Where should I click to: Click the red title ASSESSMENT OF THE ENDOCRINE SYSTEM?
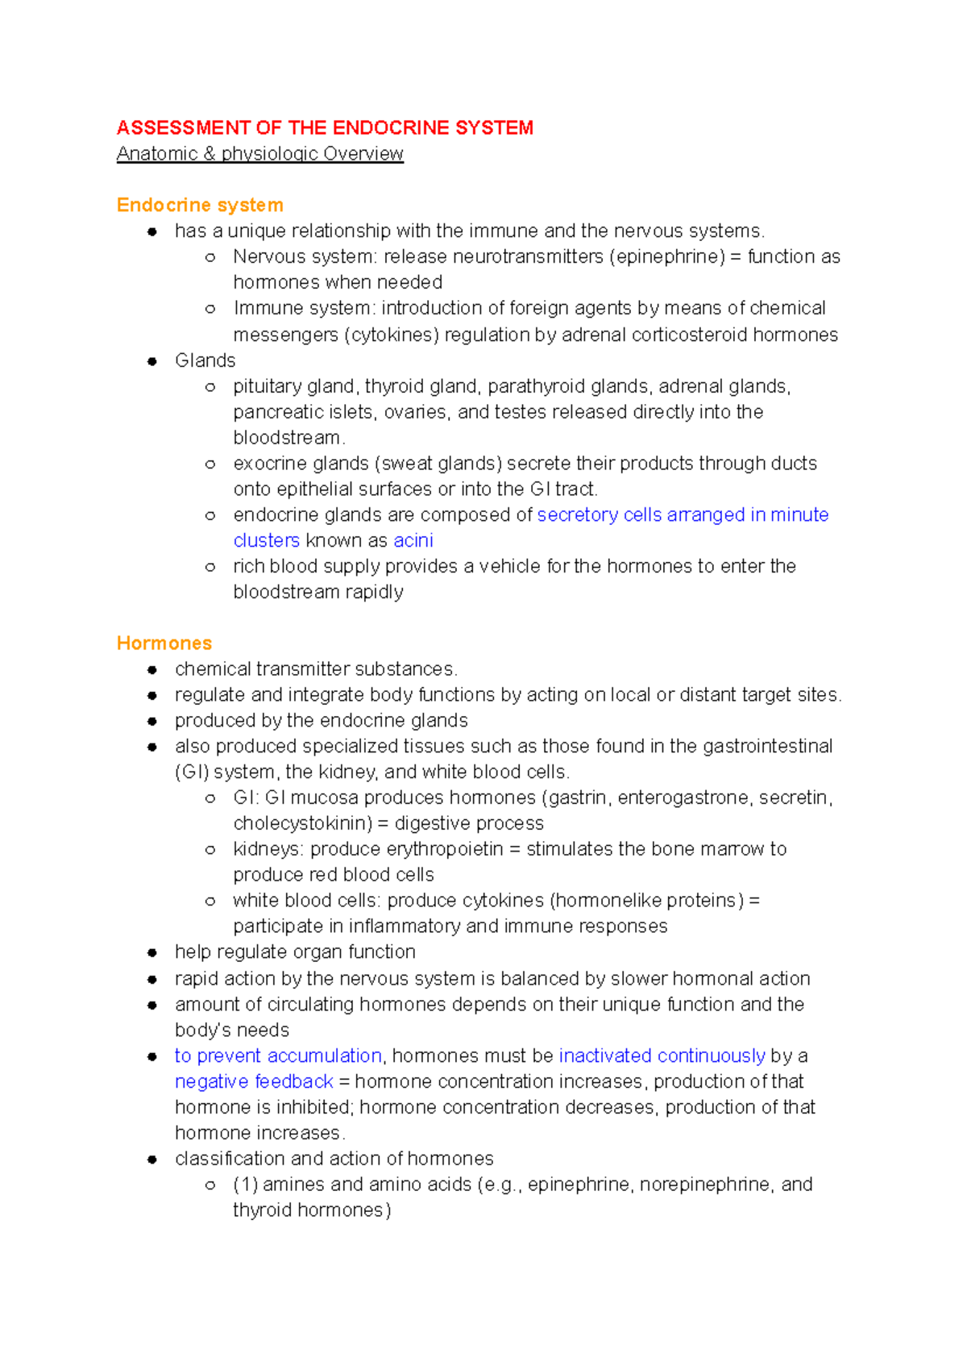325,128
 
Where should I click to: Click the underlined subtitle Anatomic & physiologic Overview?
259,154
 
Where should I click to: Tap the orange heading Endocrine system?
200,205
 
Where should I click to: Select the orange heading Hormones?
164,643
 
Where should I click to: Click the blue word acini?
413,540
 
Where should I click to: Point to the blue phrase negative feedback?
254,1081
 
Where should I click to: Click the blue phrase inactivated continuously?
662,1056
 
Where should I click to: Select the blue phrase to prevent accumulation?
278,1056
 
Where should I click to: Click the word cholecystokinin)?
302,823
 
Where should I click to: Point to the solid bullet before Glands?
151,361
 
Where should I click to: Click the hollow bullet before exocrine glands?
210,464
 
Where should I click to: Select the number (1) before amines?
245,1185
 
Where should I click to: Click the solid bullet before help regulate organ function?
151,953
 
